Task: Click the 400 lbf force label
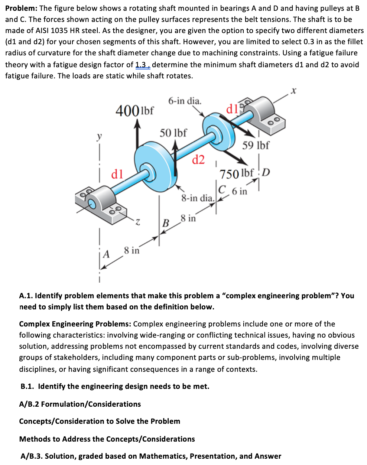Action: click(x=135, y=110)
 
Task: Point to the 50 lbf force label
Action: click(x=173, y=133)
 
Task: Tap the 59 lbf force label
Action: click(x=256, y=145)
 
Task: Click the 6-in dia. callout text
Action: click(x=185, y=101)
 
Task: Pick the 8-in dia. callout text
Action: click(x=198, y=198)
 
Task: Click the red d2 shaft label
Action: click(x=198, y=160)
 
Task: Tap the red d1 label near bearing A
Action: click(x=117, y=174)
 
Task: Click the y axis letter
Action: click(x=99, y=137)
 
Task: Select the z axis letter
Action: click(x=137, y=222)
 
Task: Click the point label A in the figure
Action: click(x=107, y=254)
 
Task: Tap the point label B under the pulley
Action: click(x=166, y=223)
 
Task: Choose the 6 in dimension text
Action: click(x=239, y=191)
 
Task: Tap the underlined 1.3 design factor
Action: click(x=142, y=65)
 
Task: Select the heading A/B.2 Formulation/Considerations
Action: click(x=80, y=404)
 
